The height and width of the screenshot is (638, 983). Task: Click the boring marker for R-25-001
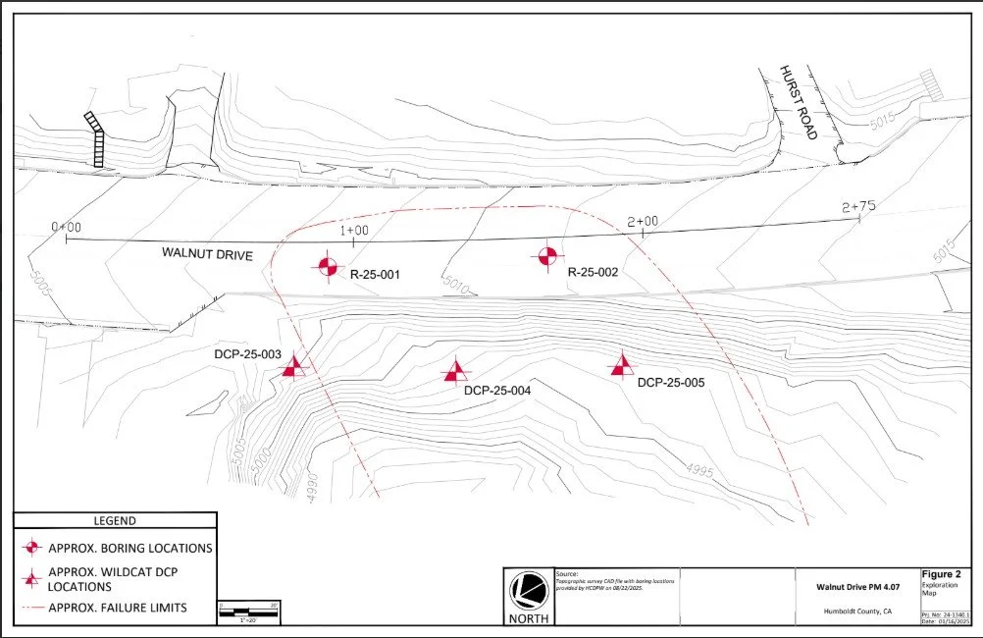pyautogui.click(x=328, y=265)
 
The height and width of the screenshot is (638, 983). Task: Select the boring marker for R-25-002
pyautogui.click(x=547, y=257)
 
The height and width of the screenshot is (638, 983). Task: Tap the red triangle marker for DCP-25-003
pyautogui.click(x=293, y=367)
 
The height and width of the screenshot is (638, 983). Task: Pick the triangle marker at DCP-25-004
pyautogui.click(x=454, y=370)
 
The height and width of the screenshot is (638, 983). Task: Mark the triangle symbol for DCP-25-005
pyautogui.click(x=621, y=365)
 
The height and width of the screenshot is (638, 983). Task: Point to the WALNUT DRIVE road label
pyautogui.click(x=208, y=255)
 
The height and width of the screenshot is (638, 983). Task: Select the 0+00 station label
pyautogui.click(x=67, y=227)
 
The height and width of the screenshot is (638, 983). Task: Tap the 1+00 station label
pyautogui.click(x=353, y=230)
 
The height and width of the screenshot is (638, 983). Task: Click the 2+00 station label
pyautogui.click(x=642, y=222)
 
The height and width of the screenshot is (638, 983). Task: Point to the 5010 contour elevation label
pyautogui.click(x=456, y=287)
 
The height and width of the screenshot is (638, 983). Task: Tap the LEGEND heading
pyautogui.click(x=115, y=521)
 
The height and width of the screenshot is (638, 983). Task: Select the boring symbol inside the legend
pyautogui.click(x=33, y=547)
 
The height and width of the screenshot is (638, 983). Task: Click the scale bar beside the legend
pyautogui.click(x=249, y=610)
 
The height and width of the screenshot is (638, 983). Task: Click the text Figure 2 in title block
pyautogui.click(x=943, y=574)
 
